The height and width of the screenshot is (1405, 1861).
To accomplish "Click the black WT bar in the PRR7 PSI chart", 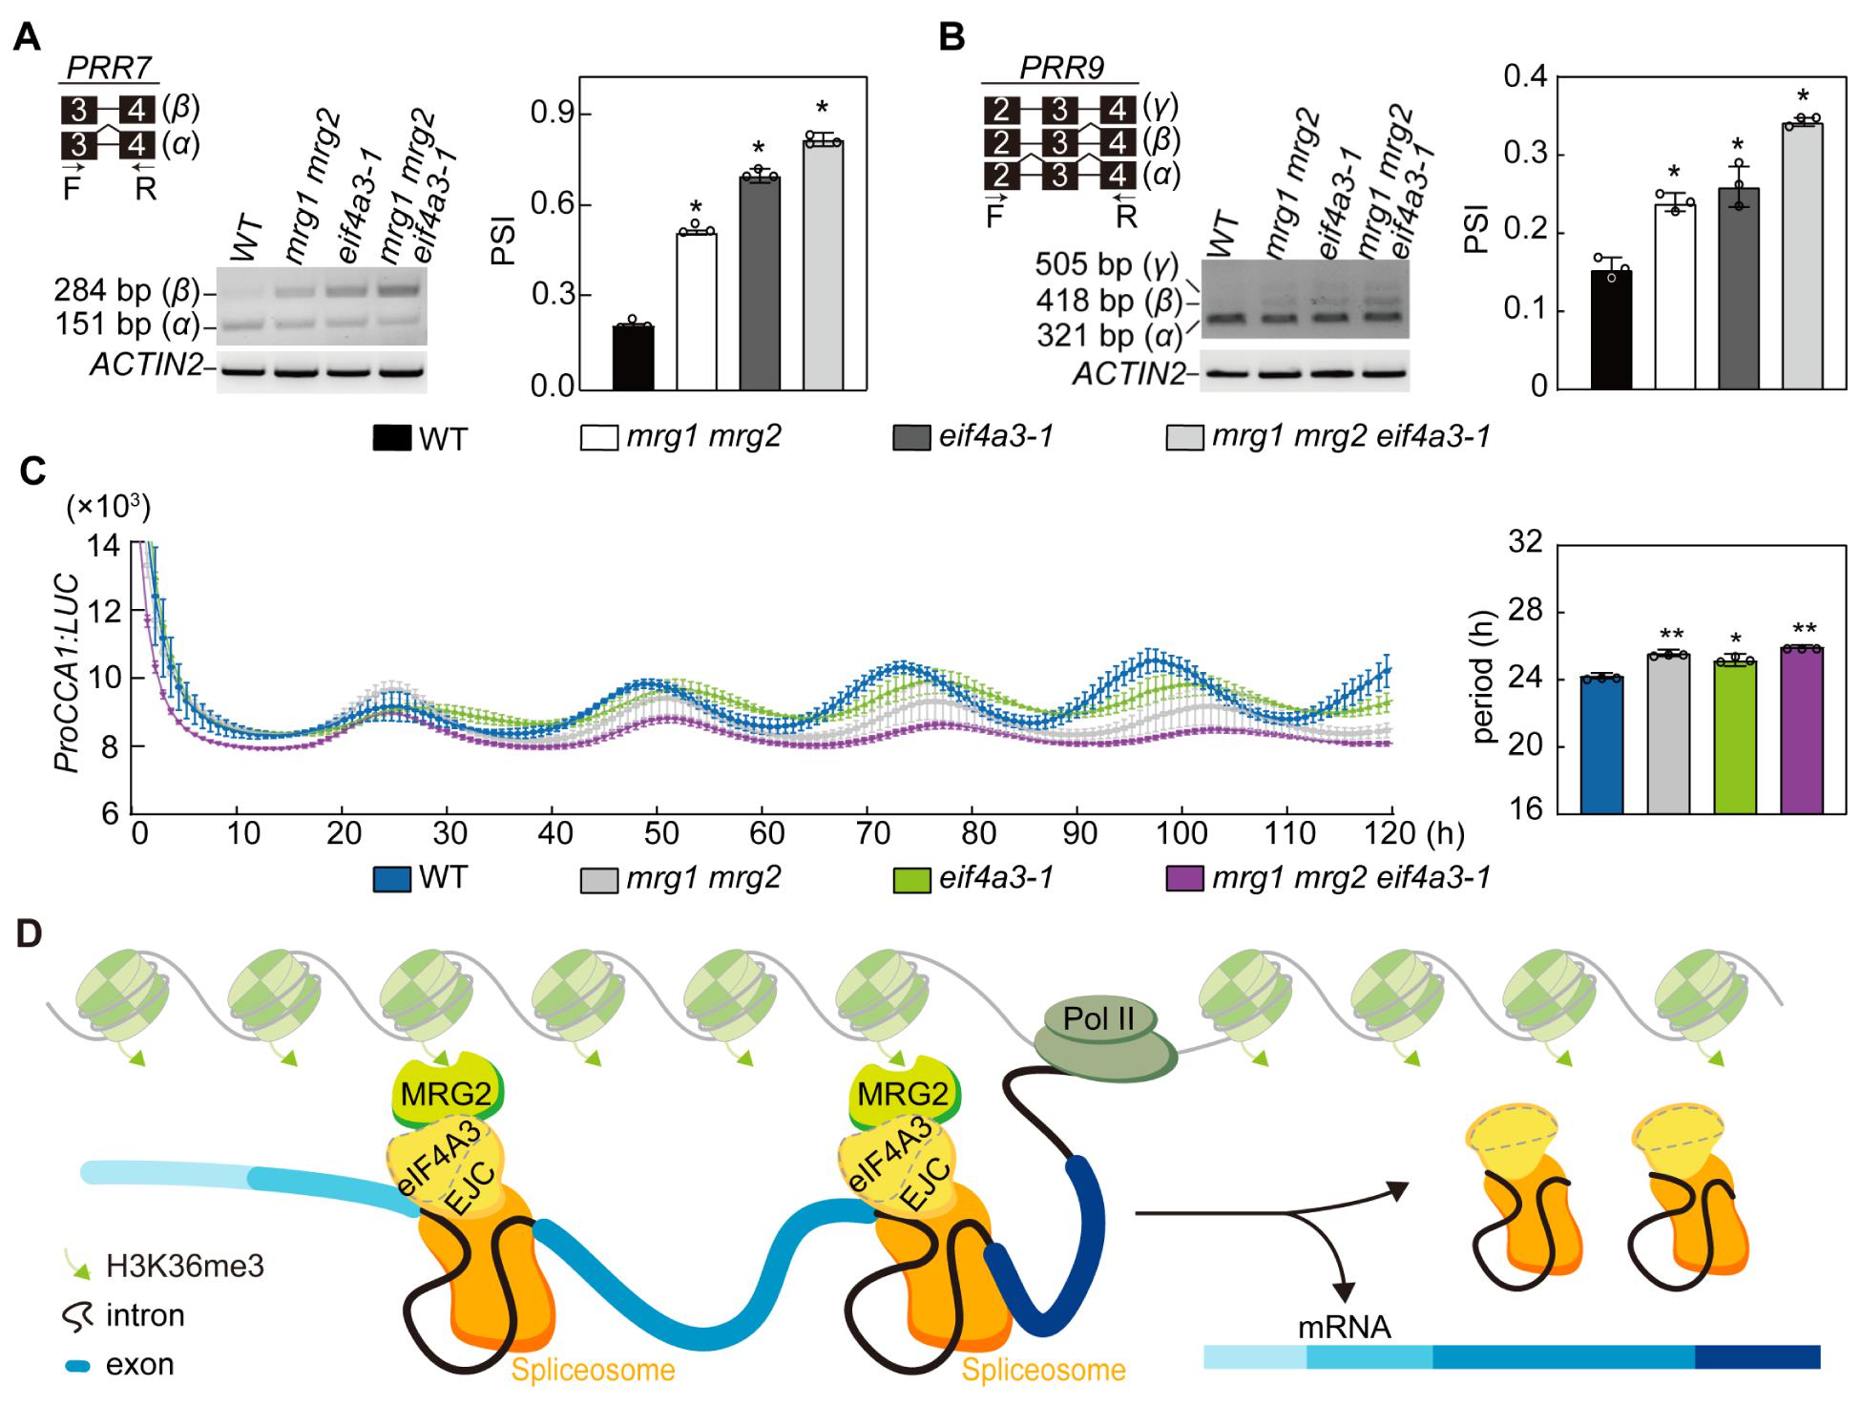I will (634, 357).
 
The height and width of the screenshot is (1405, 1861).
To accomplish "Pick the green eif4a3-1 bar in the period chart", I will (1735, 737).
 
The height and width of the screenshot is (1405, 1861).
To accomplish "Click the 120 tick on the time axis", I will (1391, 833).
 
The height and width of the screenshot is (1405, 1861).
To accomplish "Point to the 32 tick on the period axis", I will (1525, 543).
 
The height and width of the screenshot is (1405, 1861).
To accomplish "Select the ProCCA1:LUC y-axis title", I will (65, 673).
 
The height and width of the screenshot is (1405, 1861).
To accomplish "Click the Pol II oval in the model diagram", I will (1099, 1018).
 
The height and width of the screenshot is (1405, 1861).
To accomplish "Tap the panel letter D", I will (30, 933).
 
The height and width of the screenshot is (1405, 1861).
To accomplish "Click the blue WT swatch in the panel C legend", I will (391, 878).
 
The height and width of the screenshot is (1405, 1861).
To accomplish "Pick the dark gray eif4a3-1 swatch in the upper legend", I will (910, 438).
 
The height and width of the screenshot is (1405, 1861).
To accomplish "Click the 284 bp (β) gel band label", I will (126, 290).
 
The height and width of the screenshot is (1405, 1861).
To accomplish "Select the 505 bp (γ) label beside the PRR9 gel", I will (1107, 264).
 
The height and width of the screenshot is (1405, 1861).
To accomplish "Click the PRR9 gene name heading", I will (1061, 69).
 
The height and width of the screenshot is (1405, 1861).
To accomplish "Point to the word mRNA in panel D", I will (1344, 1327).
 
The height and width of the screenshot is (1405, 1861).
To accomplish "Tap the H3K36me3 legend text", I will (185, 1267).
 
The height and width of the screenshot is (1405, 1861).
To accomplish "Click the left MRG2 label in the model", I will (446, 1094).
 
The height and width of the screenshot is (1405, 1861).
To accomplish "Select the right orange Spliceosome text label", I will (1043, 1371).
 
